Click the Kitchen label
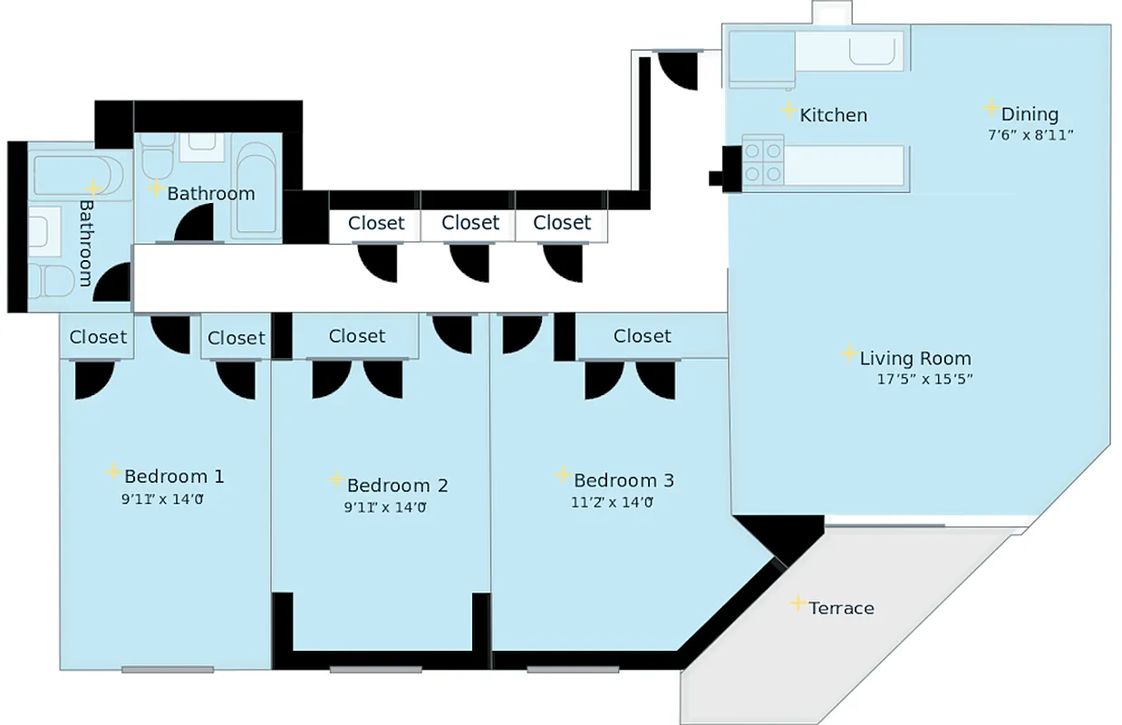[833, 115]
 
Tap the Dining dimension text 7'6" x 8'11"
[1030, 135]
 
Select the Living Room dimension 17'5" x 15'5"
[924, 380]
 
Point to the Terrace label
[841, 608]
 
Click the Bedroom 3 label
[624, 480]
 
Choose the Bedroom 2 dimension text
[384, 507]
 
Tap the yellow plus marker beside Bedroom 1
[112, 471]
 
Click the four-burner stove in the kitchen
[763, 161]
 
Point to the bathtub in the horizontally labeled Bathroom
[256, 187]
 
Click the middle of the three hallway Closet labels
[470, 223]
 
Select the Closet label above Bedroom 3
[643, 336]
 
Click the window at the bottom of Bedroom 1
[168, 670]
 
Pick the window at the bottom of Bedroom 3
[573, 670]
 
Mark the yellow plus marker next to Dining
[991, 108]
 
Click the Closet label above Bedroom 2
[357, 336]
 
